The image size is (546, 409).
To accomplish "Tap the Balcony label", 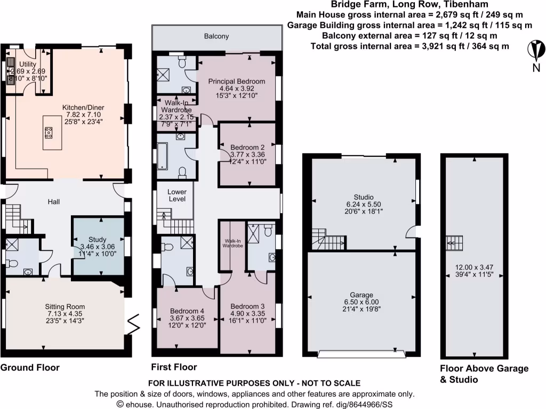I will point(216,37).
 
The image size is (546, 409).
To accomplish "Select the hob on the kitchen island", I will point(49,132).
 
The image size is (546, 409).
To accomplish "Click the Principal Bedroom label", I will point(236,81).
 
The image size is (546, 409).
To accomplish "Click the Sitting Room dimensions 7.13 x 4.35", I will point(65,314).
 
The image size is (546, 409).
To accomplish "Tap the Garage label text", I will point(362,295).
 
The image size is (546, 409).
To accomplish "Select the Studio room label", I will point(363,197).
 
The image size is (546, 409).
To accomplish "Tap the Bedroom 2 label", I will point(247,147).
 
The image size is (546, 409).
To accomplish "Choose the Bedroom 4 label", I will point(187,312).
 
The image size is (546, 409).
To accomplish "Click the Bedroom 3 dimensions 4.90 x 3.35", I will point(247,314).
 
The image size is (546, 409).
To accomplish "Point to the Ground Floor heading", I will point(30,367).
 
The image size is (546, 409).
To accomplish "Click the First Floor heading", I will point(174,367).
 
